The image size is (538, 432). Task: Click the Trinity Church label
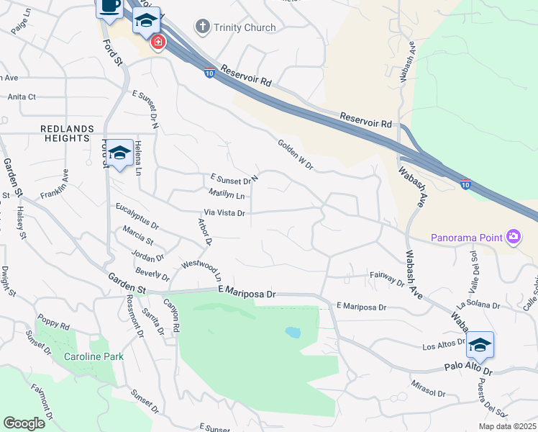245,27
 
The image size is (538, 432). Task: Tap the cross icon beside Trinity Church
202,27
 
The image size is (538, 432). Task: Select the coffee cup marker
109,6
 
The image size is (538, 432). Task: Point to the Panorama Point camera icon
513,237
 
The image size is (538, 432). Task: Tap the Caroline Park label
94,356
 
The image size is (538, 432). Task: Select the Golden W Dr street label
296,155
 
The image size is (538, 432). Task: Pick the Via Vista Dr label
225,213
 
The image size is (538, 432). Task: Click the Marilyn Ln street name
227,195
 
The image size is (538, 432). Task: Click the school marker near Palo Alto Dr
480,346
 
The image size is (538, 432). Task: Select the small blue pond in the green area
293,333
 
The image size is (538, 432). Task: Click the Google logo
24,423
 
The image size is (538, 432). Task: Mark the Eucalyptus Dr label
137,216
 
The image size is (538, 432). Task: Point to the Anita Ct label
22,96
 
